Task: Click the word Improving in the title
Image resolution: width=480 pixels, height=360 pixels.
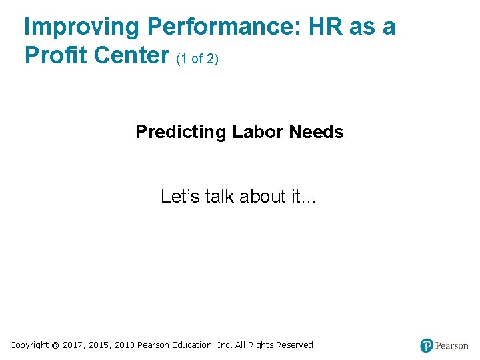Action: tap(81, 27)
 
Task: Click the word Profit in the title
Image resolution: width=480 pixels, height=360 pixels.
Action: tap(56, 55)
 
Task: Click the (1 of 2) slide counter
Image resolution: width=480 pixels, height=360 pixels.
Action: tap(198, 59)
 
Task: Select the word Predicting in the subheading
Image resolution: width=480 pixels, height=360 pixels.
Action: tap(181, 132)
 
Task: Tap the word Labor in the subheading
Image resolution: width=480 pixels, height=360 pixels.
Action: tap(258, 132)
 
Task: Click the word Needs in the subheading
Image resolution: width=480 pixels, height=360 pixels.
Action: tap(316, 132)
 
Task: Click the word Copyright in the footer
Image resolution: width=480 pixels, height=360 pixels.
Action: tap(29, 345)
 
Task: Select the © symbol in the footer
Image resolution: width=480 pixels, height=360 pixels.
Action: tap(55, 345)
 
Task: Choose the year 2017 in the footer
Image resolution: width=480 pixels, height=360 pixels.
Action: tap(73, 345)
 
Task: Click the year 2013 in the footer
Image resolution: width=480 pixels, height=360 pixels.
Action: tap(125, 345)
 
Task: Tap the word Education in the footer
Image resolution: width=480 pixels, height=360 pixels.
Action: tap(193, 345)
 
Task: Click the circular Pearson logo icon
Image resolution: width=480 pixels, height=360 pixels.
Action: tap(427, 345)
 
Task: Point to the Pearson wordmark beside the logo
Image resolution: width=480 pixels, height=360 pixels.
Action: tap(452, 346)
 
